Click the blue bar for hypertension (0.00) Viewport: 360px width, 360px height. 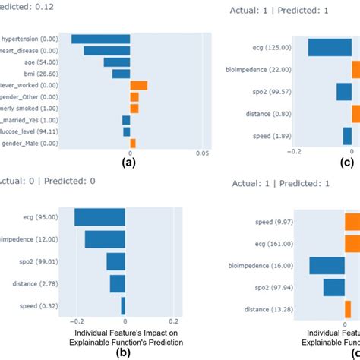(100, 39)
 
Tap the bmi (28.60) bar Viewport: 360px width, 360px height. (121, 74)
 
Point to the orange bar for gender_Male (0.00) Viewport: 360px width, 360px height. (133, 143)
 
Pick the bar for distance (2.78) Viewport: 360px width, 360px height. (117, 283)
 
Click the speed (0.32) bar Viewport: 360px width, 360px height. (122, 306)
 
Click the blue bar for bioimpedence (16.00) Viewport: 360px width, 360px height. (328, 265)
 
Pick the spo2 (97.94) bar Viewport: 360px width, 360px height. (334, 287)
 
